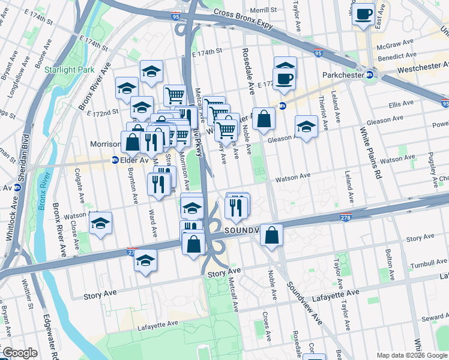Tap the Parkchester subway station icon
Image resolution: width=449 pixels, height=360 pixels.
[x=370, y=75]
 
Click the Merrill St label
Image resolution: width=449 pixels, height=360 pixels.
[x=264, y=10]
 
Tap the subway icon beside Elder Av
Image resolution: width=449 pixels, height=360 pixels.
[x=115, y=160]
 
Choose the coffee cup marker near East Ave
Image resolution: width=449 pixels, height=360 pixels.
[x=363, y=14]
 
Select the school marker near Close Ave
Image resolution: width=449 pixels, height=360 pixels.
[x=100, y=223]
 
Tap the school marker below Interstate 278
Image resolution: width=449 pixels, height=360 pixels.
[x=145, y=261]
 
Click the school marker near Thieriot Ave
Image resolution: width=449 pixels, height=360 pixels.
[x=306, y=127]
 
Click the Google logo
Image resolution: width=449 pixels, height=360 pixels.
[x=20, y=353]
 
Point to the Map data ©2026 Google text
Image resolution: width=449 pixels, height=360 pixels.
[x=412, y=355]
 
